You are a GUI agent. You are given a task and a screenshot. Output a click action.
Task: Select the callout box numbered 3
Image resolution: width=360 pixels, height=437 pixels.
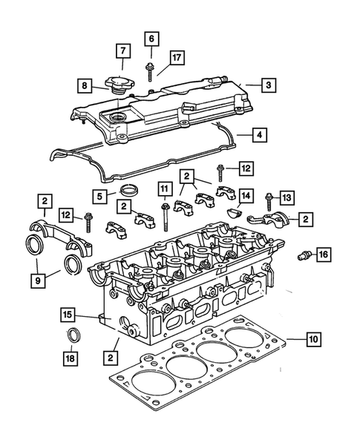pyautogui.click(x=269, y=85)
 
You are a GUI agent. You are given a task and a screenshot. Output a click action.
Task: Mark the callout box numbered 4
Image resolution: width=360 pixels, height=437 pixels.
pyautogui.click(x=259, y=136)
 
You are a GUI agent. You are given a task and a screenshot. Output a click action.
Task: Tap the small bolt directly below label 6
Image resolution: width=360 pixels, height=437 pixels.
pyautogui.click(x=151, y=70)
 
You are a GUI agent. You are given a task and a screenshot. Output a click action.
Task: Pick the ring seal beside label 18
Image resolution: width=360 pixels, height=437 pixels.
pyautogui.click(x=75, y=335)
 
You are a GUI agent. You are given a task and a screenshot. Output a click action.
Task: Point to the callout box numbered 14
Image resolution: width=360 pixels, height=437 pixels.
pyautogui.click(x=246, y=196)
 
